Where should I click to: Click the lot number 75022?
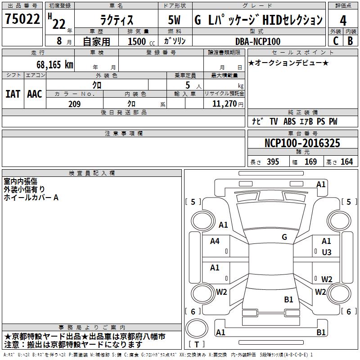pyautogui.click(x=22, y=19)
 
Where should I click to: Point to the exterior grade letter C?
pyautogui.click(x=335, y=41)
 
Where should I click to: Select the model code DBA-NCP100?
pyautogui.click(x=258, y=41)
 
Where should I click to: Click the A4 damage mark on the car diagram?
pyautogui.click(x=215, y=241)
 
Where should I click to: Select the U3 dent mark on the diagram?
pyautogui.click(x=327, y=252)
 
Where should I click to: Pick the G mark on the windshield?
pyautogui.click(x=284, y=237)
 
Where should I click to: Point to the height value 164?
pyautogui.click(x=346, y=162)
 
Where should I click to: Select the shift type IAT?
pyautogui.click(x=13, y=94)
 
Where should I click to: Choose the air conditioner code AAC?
pyautogui.click(x=35, y=94)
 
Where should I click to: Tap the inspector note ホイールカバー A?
pyautogui.click(x=31, y=197)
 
